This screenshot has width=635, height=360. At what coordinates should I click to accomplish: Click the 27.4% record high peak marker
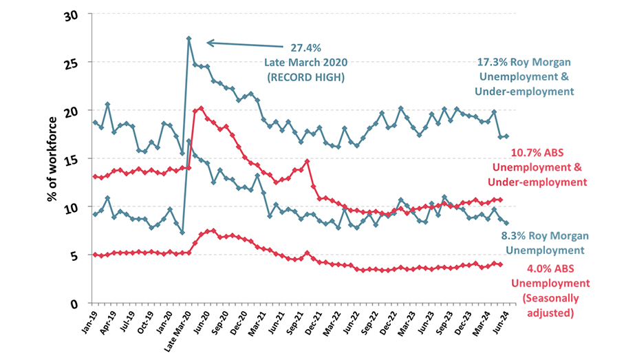(x=189, y=39)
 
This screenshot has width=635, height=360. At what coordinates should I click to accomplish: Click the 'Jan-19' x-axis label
(x=88, y=321)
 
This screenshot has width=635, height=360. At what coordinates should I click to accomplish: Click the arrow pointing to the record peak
(x=241, y=43)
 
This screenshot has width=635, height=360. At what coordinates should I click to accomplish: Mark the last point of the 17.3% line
(x=507, y=136)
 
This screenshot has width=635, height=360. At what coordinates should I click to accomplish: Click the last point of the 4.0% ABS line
(x=500, y=264)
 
